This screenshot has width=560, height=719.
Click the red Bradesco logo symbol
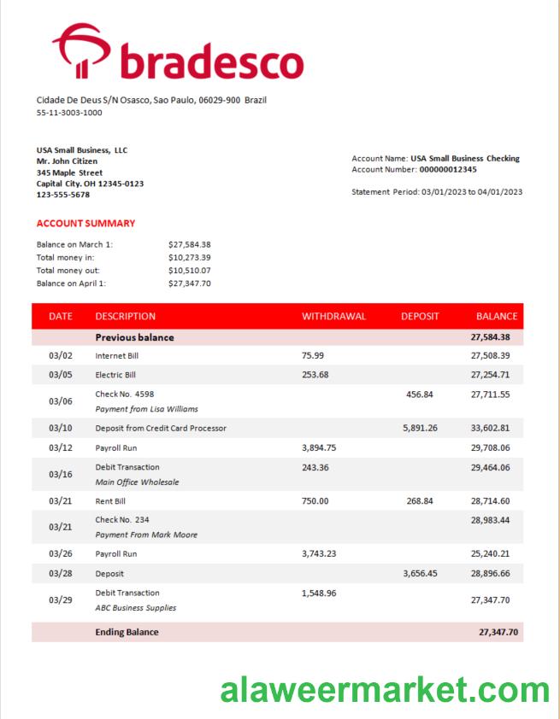tap(81, 50)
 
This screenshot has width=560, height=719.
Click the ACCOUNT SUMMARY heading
tap(85, 224)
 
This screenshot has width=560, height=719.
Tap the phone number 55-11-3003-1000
tap(69, 112)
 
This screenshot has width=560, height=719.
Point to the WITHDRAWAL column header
tap(333, 316)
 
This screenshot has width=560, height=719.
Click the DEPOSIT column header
tap(420, 316)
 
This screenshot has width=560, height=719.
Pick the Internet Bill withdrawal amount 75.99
tap(313, 355)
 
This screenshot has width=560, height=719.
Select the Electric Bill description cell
tap(116, 375)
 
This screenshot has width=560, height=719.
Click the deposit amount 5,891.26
tap(420, 428)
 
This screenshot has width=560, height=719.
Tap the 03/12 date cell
tap(61, 448)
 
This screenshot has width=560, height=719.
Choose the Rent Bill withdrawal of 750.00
tap(315, 501)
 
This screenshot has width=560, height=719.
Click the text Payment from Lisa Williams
tap(146, 409)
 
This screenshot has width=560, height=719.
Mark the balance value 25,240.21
tap(490, 553)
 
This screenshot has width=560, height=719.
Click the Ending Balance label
tap(127, 632)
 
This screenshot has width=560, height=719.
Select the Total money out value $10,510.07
tap(189, 270)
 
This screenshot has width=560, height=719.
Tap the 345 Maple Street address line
tap(69, 172)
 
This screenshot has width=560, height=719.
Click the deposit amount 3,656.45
tap(420, 574)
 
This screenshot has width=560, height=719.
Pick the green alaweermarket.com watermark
tap(385, 689)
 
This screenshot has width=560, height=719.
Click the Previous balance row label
tap(134, 337)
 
